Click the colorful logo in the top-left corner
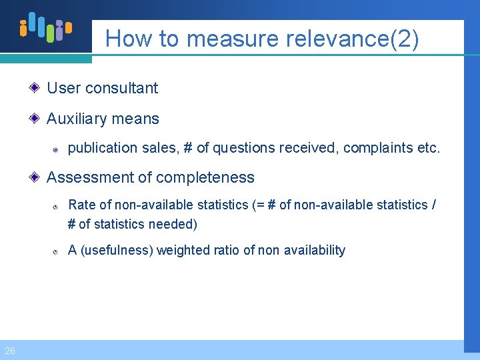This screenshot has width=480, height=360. (45, 27)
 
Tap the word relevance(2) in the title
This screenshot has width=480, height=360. (353, 39)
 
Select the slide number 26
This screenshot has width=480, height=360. (10, 351)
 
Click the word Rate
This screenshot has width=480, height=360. (81, 205)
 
